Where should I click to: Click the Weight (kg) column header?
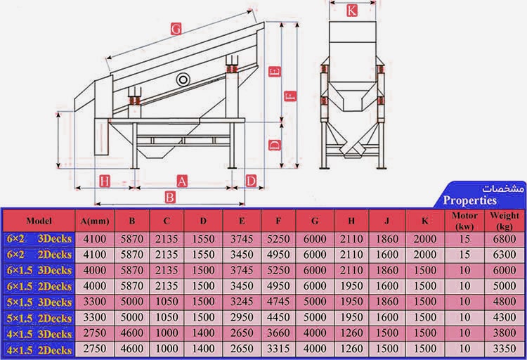point(505,220)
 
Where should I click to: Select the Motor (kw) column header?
point(465,220)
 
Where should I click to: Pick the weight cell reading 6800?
point(505,239)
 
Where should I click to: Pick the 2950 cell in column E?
point(242,318)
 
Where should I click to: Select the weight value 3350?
point(505,349)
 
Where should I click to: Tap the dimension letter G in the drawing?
point(176,30)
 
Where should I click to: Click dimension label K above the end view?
point(352,11)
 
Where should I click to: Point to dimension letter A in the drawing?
point(182,181)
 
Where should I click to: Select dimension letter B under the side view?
point(169,197)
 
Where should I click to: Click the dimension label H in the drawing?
point(104,181)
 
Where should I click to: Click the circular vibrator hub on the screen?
point(185,78)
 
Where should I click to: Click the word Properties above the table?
point(470,200)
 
